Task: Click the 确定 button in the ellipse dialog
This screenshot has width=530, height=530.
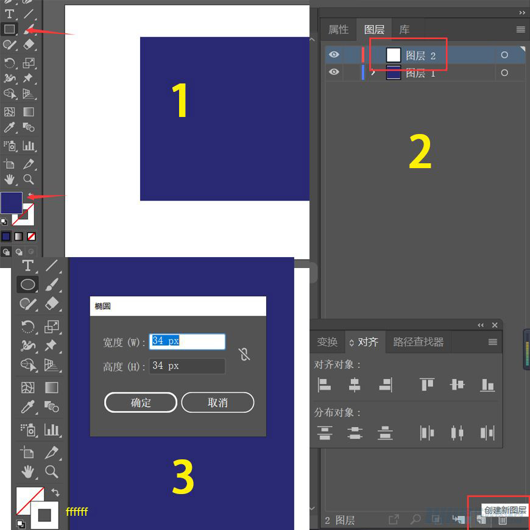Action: click(x=141, y=402)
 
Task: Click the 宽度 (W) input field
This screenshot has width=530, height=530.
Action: click(x=187, y=341)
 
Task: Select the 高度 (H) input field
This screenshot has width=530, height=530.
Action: click(x=187, y=366)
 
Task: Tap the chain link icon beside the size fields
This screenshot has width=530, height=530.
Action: click(x=244, y=354)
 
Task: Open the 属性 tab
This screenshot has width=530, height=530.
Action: click(x=338, y=30)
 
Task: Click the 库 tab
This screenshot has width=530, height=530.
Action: click(x=405, y=30)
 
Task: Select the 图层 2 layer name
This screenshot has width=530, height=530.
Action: click(x=420, y=55)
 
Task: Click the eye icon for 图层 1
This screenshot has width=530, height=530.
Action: click(x=334, y=72)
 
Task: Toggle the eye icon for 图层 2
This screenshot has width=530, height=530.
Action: click(x=334, y=54)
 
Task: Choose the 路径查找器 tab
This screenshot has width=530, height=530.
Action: click(x=418, y=342)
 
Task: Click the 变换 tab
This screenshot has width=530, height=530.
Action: click(x=327, y=342)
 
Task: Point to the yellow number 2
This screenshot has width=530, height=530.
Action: click(x=420, y=152)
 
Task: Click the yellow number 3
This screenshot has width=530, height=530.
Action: click(x=183, y=476)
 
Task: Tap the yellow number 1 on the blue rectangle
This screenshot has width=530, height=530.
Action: click(x=180, y=101)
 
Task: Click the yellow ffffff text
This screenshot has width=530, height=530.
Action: click(x=77, y=511)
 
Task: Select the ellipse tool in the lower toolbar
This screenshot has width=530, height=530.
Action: click(x=27, y=284)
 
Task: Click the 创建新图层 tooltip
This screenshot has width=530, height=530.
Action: click(x=505, y=510)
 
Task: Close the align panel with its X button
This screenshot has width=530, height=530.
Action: click(x=495, y=325)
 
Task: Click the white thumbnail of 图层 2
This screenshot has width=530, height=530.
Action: click(x=394, y=55)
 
